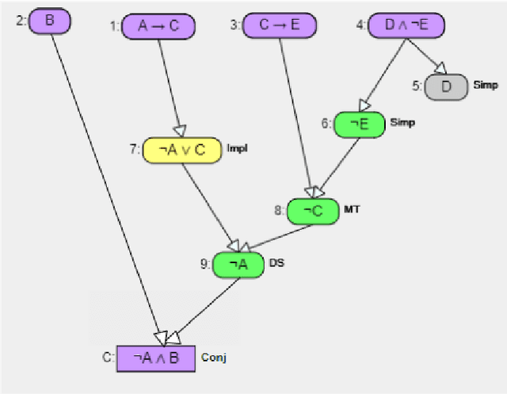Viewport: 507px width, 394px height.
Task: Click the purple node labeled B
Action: (50, 21)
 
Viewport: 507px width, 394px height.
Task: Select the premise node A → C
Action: (158, 25)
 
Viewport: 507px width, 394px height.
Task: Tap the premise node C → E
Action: (279, 25)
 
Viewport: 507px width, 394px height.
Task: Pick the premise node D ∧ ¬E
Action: (406, 25)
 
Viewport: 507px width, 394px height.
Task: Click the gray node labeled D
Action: (446, 86)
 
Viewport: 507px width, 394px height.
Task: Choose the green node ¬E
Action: (359, 124)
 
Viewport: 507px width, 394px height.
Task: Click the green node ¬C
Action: (313, 210)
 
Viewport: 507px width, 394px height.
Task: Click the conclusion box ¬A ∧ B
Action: (156, 358)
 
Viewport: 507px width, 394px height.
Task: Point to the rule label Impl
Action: (238, 147)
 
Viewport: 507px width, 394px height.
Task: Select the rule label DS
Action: (276, 262)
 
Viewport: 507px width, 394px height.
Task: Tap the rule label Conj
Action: (214, 358)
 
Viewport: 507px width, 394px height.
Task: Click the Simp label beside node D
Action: (486, 84)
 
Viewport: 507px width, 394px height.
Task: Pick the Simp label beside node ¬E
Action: (402, 122)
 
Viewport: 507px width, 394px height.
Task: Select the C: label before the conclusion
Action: (109, 358)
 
